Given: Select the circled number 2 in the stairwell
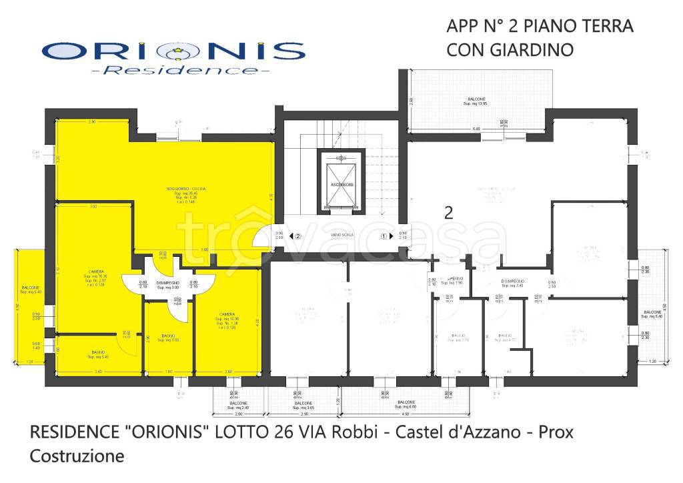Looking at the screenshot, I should (x=298, y=236).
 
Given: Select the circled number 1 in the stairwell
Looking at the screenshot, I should (x=384, y=236).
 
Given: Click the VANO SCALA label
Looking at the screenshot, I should (x=340, y=235).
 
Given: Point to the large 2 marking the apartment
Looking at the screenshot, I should (x=449, y=213).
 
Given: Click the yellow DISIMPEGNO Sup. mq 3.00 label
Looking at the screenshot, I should (x=168, y=285).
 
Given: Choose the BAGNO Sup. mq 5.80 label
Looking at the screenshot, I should (x=168, y=338).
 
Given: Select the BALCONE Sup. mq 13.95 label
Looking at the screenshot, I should (x=476, y=102).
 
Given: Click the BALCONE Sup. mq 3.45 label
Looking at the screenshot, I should (x=303, y=406).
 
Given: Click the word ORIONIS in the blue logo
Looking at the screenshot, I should (x=173, y=52).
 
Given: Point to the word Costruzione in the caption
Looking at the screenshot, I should (x=77, y=457).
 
